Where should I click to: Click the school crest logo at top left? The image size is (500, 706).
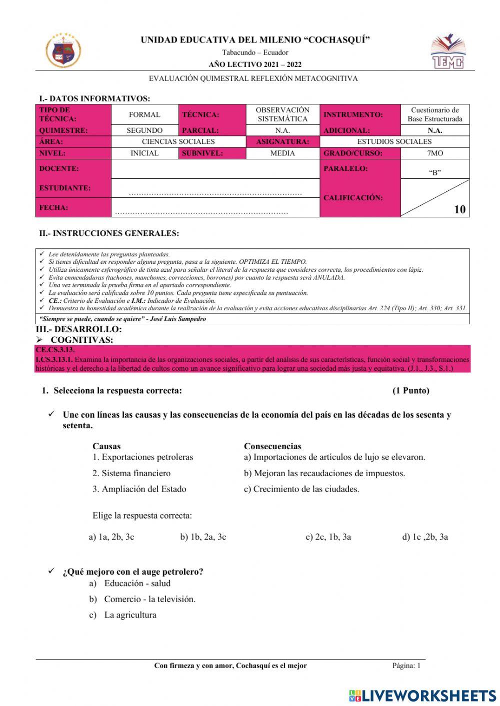click(x=63, y=50)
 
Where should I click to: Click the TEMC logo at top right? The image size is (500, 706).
click(x=448, y=51)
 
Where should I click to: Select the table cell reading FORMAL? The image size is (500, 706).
click(x=144, y=114)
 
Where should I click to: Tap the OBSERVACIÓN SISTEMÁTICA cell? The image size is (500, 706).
click(x=282, y=114)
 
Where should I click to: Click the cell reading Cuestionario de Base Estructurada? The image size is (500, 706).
click(x=434, y=114)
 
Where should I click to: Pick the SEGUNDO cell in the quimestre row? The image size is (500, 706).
click(x=144, y=130)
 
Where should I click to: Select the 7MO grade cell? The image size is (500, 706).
click(x=434, y=153)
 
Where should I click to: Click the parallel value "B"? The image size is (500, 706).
click(x=434, y=173)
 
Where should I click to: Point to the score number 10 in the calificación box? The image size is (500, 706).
click(x=459, y=209)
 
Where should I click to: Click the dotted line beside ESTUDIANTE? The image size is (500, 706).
click(x=215, y=193)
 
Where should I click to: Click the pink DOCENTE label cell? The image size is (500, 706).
click(x=73, y=169)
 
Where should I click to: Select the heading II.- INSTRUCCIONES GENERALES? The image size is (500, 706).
click(x=109, y=233)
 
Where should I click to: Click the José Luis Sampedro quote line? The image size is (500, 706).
click(x=122, y=319)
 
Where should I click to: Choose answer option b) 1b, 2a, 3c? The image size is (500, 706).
click(x=203, y=537)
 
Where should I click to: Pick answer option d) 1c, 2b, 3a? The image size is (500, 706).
click(x=425, y=537)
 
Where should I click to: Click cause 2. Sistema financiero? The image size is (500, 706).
click(x=131, y=473)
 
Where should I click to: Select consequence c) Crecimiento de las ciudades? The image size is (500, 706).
click(x=301, y=489)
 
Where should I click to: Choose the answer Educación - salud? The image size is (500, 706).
click(x=136, y=583)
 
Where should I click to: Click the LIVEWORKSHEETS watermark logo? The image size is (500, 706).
click(x=422, y=696)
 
